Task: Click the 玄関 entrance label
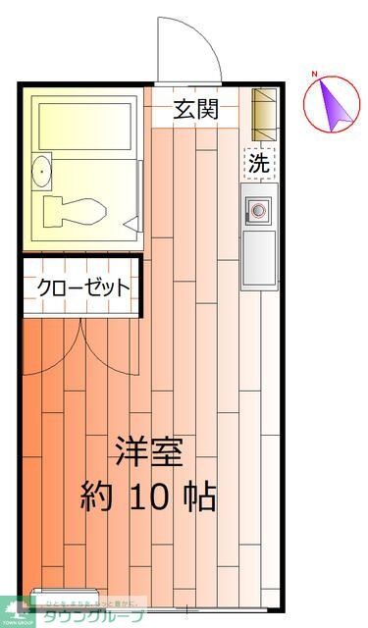[x=196, y=109]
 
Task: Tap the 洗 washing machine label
[x=258, y=164]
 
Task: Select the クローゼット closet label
[x=83, y=288]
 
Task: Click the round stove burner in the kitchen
[x=260, y=210]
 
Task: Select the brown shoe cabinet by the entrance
[x=263, y=113]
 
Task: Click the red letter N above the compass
[x=315, y=75]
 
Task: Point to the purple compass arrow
[x=335, y=105]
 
